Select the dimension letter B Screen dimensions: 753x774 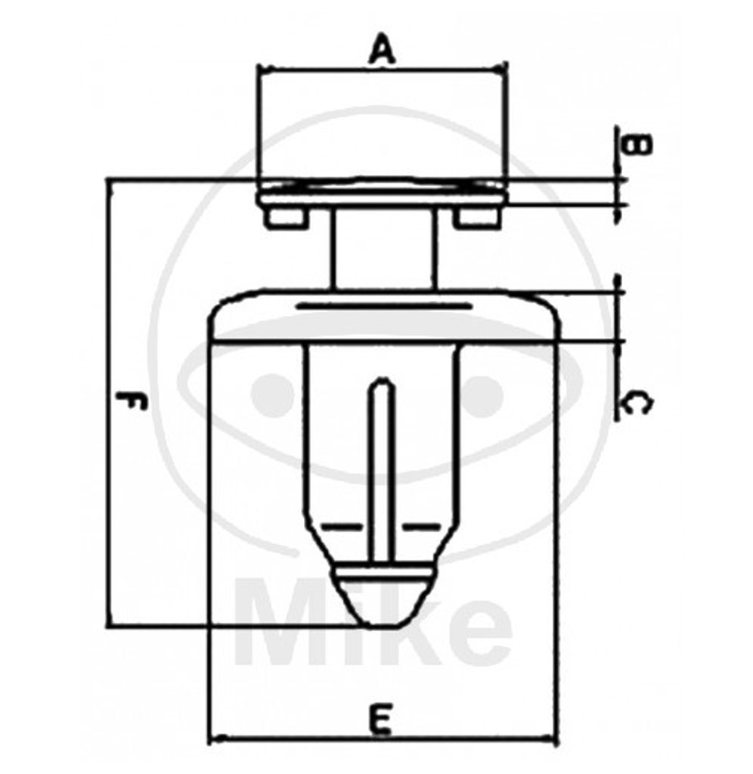click(x=638, y=144)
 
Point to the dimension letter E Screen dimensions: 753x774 click(x=382, y=720)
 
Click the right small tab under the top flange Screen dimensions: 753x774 click(x=476, y=218)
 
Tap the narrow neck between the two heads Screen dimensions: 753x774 click(x=383, y=249)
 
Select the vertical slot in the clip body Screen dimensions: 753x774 click(x=383, y=469)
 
